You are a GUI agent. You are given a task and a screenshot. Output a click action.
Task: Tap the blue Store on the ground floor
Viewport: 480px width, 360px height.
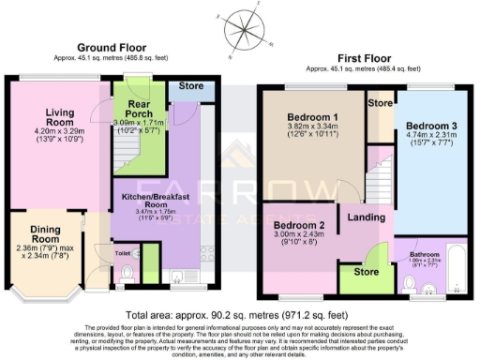[192, 87]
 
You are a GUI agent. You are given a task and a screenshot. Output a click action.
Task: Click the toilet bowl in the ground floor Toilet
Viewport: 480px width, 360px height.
[128, 272]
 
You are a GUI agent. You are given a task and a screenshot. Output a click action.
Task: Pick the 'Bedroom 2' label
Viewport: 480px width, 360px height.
[298, 227]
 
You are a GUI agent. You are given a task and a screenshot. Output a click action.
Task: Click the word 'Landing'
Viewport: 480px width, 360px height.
[363, 219]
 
